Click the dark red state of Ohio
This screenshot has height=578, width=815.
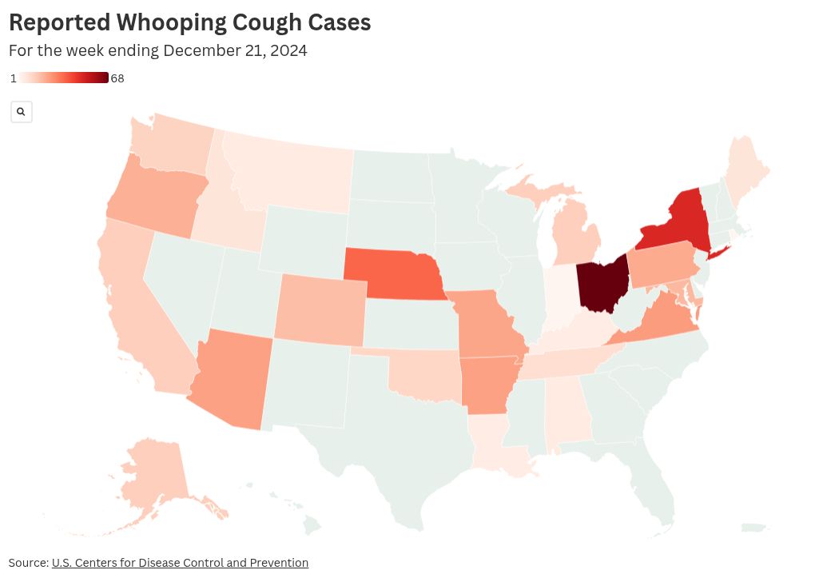[601, 285]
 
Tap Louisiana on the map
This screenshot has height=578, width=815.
[495, 448]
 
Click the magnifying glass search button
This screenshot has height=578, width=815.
[21, 112]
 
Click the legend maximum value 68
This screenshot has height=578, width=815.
[117, 78]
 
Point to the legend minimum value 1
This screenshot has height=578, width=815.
[14, 78]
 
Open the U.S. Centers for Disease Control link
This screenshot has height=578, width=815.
[180, 563]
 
